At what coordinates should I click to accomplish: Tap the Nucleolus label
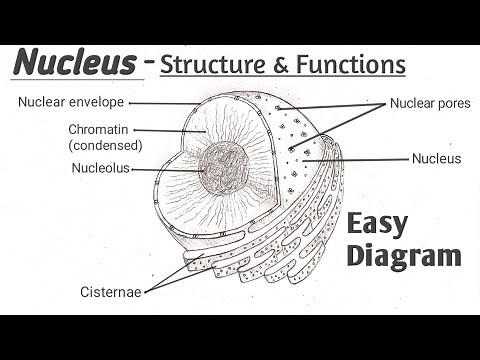[99, 168]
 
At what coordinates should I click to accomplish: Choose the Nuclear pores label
[428, 102]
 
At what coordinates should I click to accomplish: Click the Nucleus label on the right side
[436, 158]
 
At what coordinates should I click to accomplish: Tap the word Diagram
[406, 255]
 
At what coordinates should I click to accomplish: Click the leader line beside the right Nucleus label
[360, 159]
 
